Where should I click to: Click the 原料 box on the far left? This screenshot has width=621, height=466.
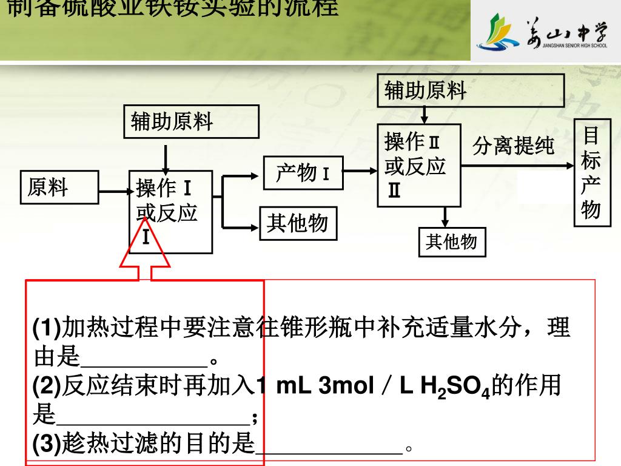coord(59,187)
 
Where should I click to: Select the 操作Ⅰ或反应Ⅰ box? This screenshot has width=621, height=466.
coord(170,212)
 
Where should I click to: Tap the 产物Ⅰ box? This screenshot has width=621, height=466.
coord(303,173)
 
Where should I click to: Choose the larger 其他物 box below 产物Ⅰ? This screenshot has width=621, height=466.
coord(297,224)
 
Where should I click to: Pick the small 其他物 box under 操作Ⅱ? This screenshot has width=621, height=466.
coord(452,241)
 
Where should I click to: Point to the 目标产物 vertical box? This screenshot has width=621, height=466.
coord(592,172)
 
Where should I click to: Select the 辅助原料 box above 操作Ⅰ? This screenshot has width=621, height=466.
coord(191,121)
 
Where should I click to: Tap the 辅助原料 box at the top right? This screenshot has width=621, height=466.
coord(471,90)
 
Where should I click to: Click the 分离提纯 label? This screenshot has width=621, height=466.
coord(513,146)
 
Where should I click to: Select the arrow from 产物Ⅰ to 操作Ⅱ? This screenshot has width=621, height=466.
coord(361,171)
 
